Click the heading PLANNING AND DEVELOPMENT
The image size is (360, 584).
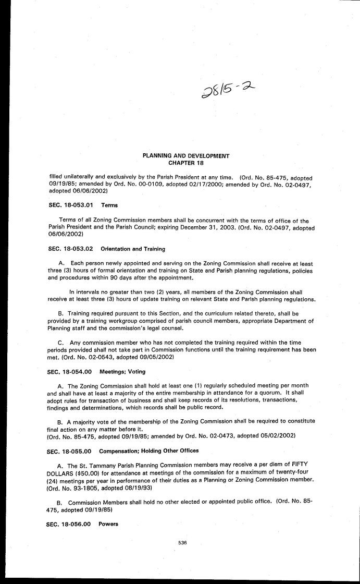pos(186,156)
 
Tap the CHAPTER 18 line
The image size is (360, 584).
pos(186,163)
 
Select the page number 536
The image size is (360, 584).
pos(182,543)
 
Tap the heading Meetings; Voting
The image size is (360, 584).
pos(123,371)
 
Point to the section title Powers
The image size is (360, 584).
pos(107,522)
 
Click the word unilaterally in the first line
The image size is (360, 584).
pos(79,177)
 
